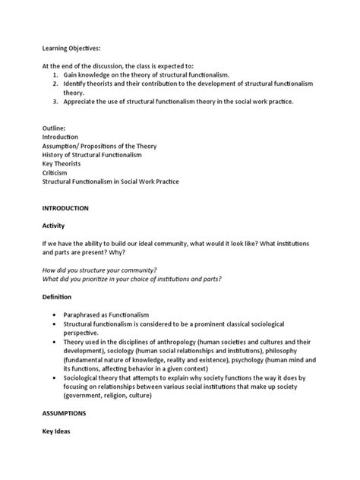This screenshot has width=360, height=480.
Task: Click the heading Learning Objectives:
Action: (x=71, y=48)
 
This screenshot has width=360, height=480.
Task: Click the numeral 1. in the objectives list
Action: (x=57, y=76)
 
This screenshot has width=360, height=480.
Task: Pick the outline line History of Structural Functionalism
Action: (x=92, y=154)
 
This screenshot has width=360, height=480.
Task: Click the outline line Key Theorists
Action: (x=62, y=163)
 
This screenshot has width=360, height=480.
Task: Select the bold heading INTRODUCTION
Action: (x=67, y=207)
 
